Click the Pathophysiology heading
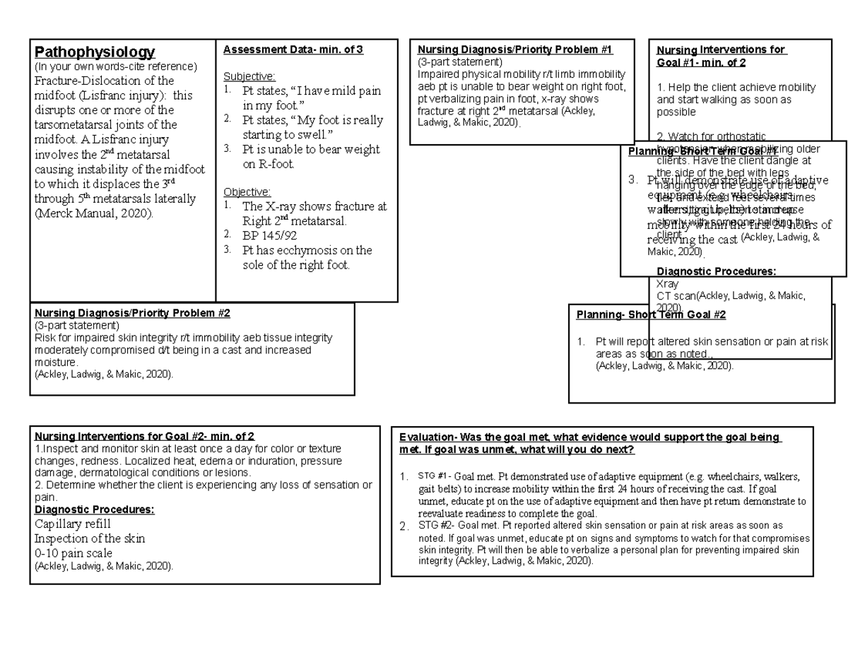(x=95, y=52)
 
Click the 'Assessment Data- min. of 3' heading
(x=293, y=49)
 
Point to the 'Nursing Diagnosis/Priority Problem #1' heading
(x=515, y=49)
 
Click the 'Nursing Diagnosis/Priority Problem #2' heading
(x=131, y=313)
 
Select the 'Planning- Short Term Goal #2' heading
(x=651, y=315)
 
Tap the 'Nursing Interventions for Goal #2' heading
(x=144, y=436)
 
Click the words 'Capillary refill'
(x=72, y=524)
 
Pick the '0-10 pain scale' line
(x=73, y=553)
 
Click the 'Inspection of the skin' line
(x=90, y=538)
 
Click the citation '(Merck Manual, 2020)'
(x=93, y=213)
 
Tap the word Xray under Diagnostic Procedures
(x=668, y=283)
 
